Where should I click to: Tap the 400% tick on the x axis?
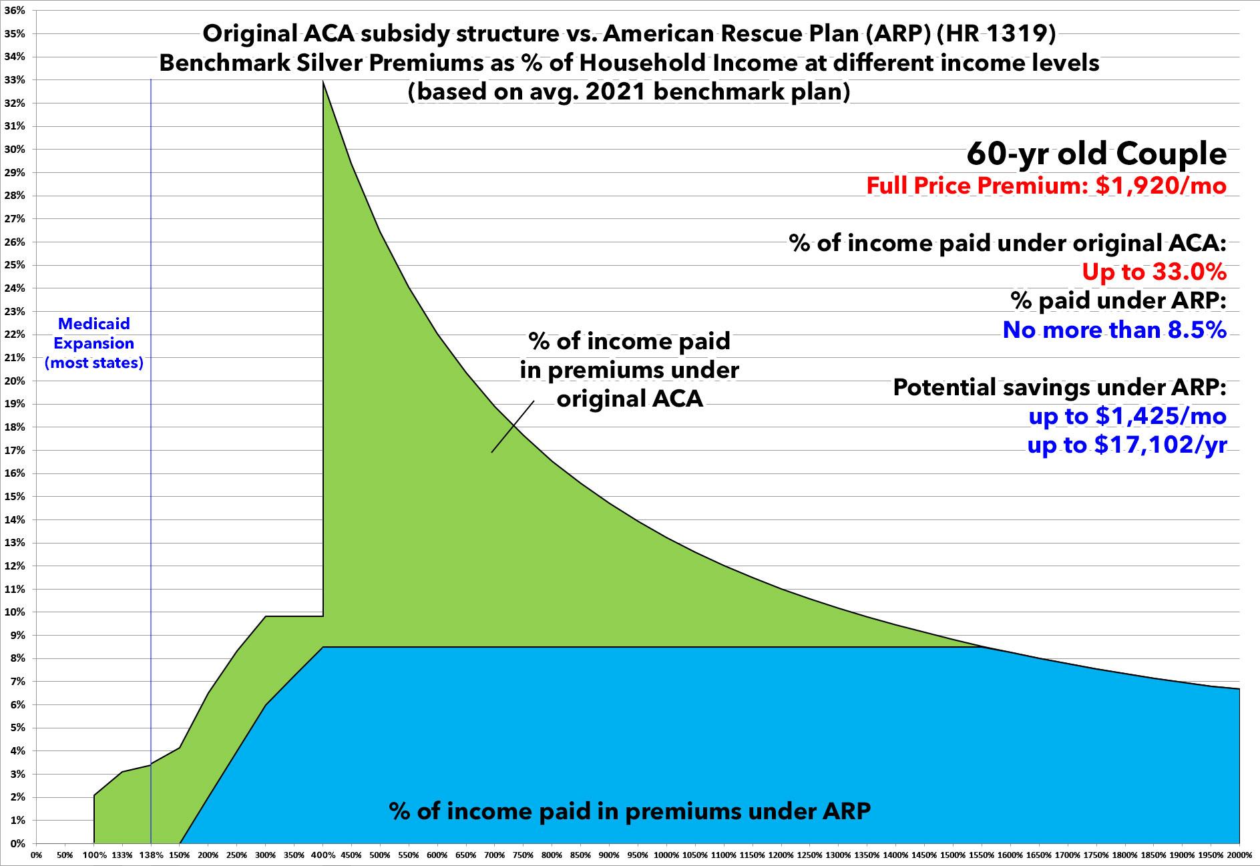tap(323, 855)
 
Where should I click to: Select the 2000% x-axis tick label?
tap(1240, 855)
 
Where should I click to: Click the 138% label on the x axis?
tap(151, 855)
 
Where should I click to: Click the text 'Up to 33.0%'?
tap(1154, 272)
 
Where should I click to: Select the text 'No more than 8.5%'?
tap(1114, 330)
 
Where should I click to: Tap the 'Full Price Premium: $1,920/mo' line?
tap(1046, 185)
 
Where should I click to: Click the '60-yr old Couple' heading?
tap(1096, 154)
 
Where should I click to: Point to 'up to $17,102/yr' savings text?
tap(1127, 445)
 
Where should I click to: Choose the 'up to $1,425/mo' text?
tap(1127, 416)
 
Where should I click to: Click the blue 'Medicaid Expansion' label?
tap(93, 343)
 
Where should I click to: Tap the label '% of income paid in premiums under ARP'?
tap(630, 811)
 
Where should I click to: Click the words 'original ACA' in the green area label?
tap(630, 399)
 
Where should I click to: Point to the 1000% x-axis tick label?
tap(666, 855)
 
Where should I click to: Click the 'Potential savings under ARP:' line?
tap(1060, 387)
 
